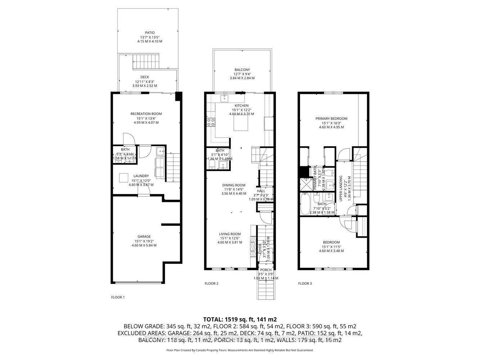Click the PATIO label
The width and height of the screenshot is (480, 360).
pos(149,33)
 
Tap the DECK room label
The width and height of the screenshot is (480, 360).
pos(144,77)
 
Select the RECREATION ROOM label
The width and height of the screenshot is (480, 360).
pos(146,114)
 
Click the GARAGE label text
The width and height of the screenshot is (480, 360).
pos(144,237)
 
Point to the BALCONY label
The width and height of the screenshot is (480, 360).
pos(242,70)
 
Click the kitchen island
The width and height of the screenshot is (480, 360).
pos(241,123)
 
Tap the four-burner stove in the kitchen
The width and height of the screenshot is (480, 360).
pos(211,122)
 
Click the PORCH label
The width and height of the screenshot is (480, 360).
pos(266,270)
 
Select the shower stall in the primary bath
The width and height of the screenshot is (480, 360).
pos(306,184)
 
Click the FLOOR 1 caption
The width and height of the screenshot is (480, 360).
pos(118,297)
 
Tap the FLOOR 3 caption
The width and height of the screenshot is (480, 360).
pos(305,284)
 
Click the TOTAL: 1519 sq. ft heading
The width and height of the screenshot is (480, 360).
pos(240,319)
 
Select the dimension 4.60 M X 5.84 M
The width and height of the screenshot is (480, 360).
pos(144,246)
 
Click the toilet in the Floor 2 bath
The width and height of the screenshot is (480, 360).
pos(212,165)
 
